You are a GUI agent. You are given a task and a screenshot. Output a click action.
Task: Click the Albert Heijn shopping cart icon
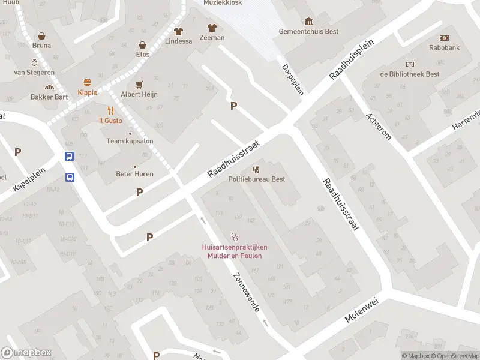coord(140,85)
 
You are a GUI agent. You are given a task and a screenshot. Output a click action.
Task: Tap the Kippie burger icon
coord(88,82)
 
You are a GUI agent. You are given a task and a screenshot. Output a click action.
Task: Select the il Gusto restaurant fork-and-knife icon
coord(110,110)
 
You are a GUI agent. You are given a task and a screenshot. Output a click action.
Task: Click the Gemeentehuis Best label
coord(308,31)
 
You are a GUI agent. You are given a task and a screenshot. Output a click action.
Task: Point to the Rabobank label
coord(444,47)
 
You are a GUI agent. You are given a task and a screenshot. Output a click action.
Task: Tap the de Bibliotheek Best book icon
coord(410,64)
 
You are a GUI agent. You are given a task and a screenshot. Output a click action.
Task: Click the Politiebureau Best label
coord(256,179)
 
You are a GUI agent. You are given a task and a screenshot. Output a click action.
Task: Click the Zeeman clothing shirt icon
coord(211,28)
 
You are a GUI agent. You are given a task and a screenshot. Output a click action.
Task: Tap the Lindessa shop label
coord(178,41)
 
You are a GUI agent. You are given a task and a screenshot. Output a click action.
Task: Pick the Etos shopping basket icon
coord(143,45)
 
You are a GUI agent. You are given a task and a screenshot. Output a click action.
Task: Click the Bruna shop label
coord(41,45)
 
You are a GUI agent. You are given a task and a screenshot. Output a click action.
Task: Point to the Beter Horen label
coord(134,174)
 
